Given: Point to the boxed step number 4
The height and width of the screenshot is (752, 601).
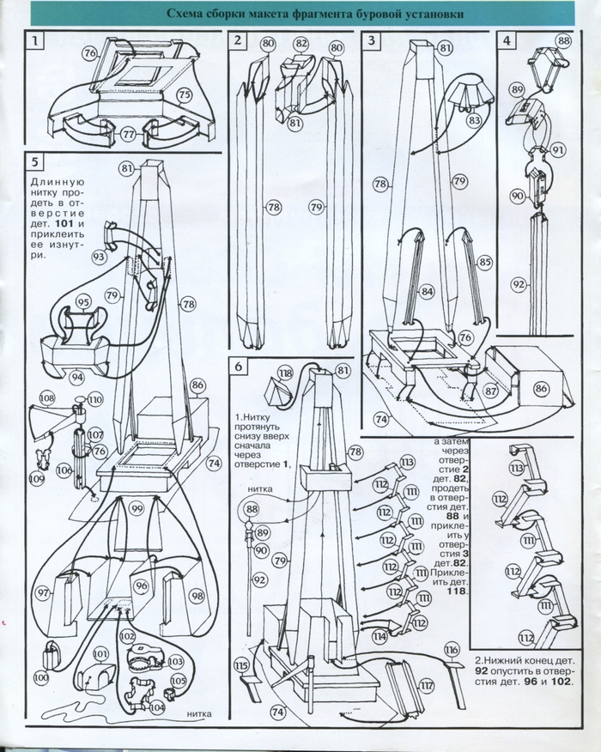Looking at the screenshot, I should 507,40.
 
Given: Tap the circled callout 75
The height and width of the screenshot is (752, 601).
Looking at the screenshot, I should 184,94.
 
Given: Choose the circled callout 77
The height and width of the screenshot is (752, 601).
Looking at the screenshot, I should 128,134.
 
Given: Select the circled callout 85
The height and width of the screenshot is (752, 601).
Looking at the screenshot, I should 485,262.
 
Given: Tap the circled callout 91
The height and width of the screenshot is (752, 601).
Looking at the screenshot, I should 559,149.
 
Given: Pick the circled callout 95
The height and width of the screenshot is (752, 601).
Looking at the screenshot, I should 83,302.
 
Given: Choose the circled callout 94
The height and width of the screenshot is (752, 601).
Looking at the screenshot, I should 78,375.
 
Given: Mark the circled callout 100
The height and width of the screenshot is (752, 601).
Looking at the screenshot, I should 41,677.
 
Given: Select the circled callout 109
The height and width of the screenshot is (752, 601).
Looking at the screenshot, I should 36,455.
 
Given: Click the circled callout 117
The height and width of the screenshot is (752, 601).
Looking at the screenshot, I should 427,684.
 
